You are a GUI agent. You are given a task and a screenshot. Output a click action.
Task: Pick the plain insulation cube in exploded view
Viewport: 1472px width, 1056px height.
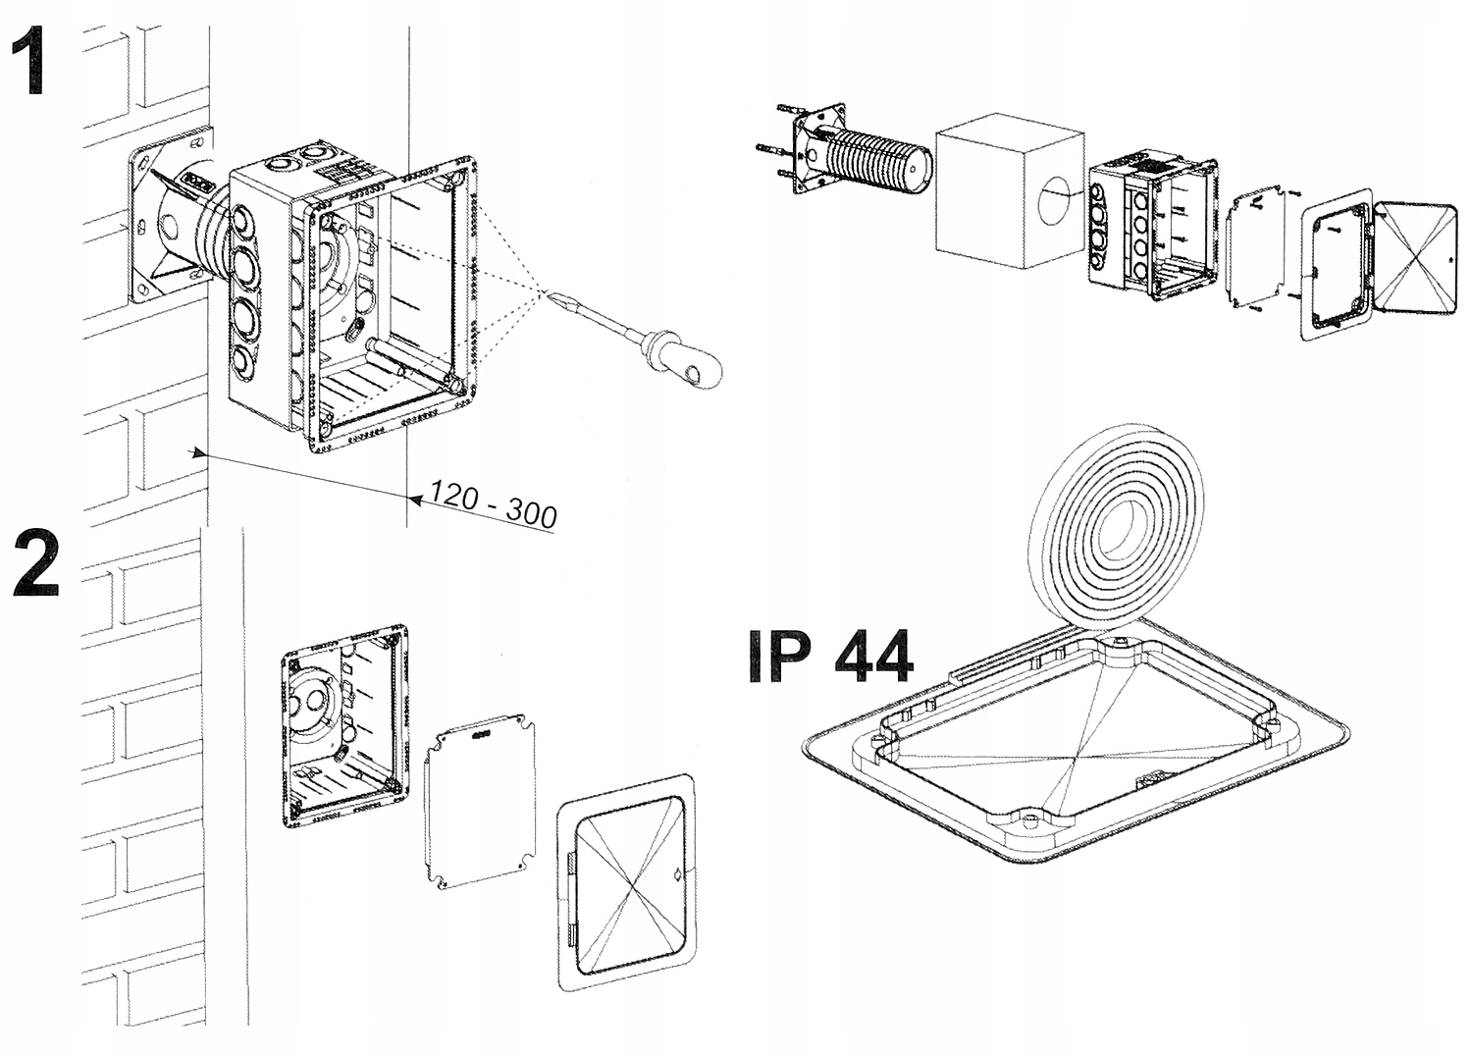pyautogui.click(x=1007, y=196)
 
